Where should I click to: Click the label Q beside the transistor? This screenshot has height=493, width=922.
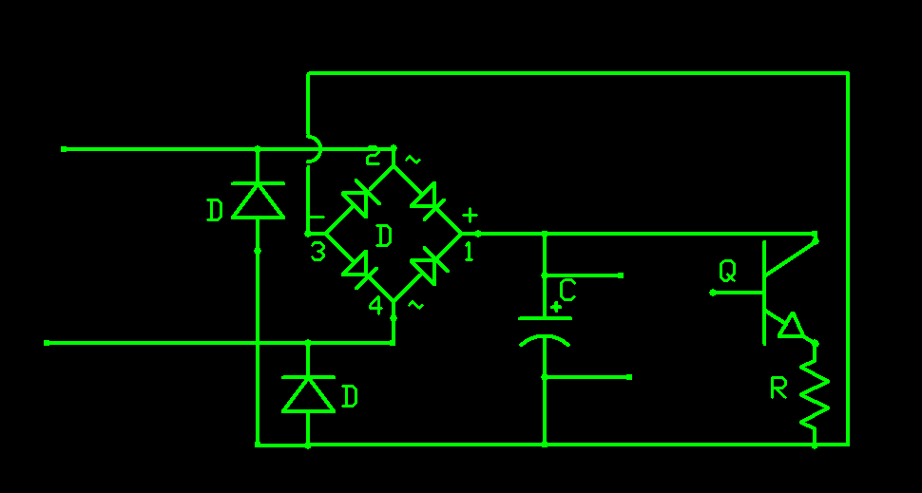(727, 273)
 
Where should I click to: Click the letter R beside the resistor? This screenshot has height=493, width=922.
(779, 388)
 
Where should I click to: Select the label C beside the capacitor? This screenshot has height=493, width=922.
(567, 290)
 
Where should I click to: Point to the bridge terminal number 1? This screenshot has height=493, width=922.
(468, 252)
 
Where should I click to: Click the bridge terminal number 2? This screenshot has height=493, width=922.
(373, 157)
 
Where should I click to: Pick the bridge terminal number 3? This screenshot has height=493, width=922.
(317, 253)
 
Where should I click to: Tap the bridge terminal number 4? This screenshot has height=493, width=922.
(376, 306)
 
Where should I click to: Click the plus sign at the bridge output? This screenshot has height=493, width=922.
(469, 216)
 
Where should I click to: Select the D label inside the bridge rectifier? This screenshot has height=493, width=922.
(384, 236)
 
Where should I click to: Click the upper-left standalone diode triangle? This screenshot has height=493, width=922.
(258, 199)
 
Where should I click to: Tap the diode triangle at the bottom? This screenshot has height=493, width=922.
(308, 393)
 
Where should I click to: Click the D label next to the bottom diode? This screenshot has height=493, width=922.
(349, 396)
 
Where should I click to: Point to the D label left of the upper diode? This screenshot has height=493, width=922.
(215, 210)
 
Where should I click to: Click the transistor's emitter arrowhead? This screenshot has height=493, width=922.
(791, 326)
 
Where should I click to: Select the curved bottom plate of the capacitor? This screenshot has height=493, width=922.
(545, 341)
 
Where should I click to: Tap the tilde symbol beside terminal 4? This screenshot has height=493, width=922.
(414, 305)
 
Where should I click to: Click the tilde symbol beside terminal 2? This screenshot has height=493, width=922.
(411, 159)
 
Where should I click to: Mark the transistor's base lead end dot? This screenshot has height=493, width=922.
(712, 293)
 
